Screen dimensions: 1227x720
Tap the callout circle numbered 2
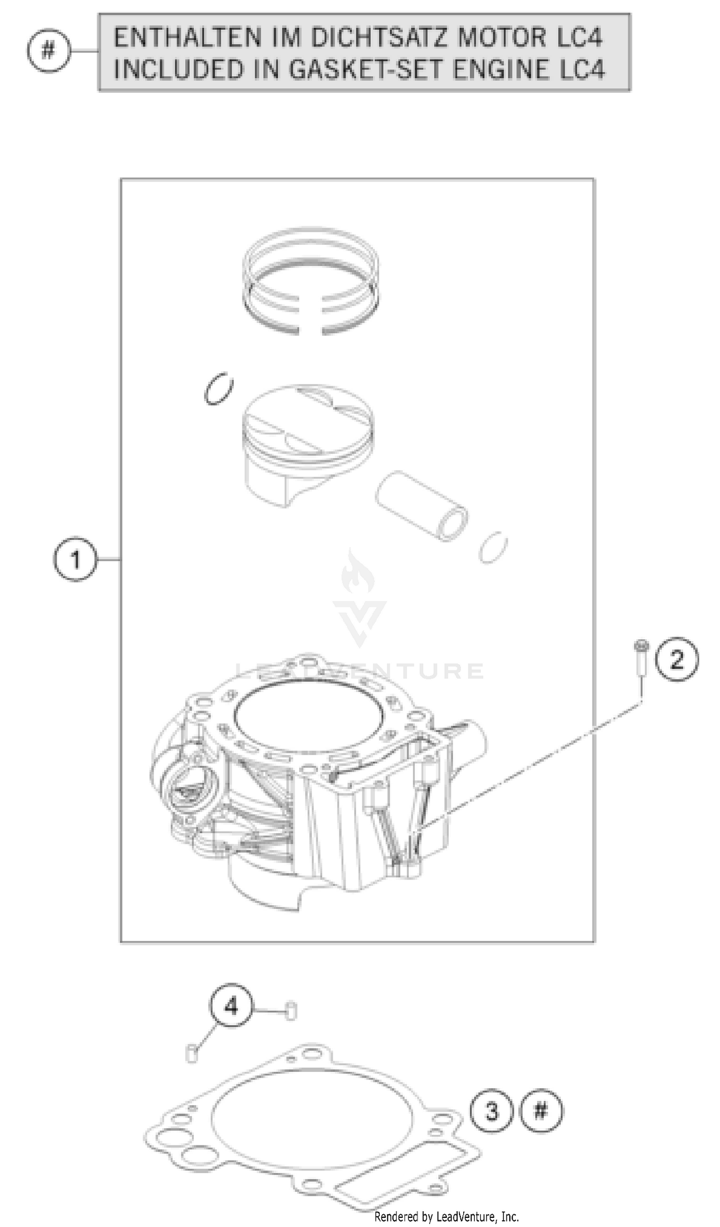676,659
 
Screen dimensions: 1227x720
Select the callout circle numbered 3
492,1111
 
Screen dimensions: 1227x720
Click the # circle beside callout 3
541,1111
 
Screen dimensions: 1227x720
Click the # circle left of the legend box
48,50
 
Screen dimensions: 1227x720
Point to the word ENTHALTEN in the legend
187,38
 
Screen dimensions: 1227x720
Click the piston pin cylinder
421,506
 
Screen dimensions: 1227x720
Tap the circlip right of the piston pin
493,547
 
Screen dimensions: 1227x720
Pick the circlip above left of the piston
218,389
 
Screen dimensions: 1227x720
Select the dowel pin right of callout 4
290,1011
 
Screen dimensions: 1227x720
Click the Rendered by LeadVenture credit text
446,1217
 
